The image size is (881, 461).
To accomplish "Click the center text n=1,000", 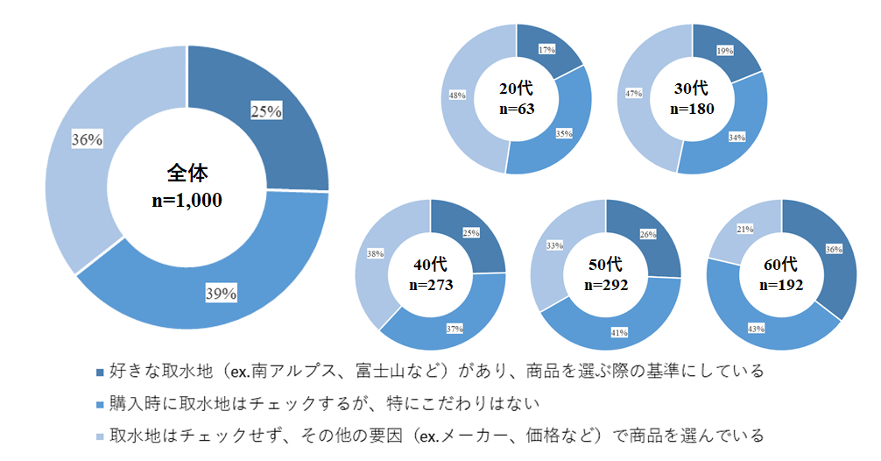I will tap(186, 200).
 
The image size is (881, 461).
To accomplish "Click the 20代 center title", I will tap(516, 89).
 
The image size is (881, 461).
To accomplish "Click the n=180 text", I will tap(692, 110).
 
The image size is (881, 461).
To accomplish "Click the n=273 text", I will tap(430, 285).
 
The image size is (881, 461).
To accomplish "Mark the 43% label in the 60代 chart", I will tap(755, 328).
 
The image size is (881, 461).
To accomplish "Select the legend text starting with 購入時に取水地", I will tap(324, 403).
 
